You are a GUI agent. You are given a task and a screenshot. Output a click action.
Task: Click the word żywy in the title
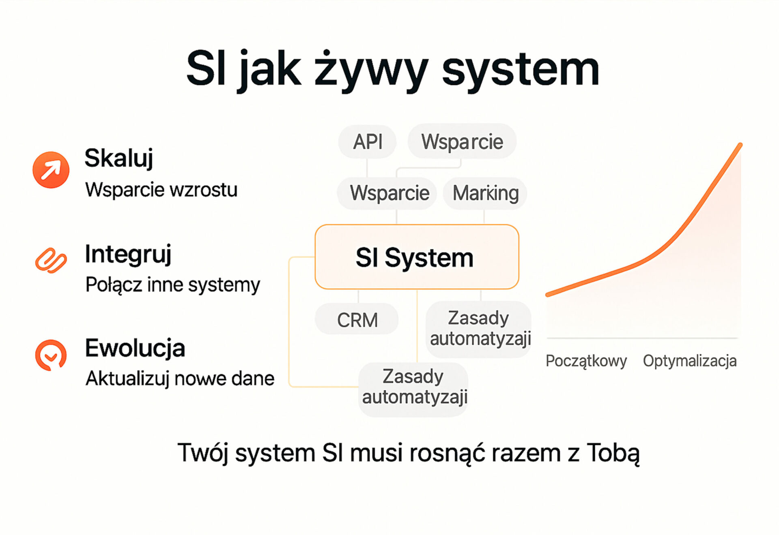click(x=371, y=70)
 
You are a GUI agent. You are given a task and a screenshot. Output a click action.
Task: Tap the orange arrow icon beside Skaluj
click(x=51, y=170)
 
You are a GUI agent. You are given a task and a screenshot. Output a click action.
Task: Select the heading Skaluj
click(x=119, y=158)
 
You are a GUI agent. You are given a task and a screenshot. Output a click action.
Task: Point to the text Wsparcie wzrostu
click(x=161, y=190)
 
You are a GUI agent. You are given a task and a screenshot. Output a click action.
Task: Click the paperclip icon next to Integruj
click(x=51, y=260)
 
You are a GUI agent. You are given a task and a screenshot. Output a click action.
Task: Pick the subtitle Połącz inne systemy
click(x=172, y=285)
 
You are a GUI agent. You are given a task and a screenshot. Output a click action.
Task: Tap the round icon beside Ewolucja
click(x=51, y=355)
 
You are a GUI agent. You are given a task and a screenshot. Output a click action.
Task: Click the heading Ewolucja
click(x=135, y=348)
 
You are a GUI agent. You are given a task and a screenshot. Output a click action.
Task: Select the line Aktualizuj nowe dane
click(x=180, y=379)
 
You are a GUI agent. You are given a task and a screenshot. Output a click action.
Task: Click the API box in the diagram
click(x=368, y=141)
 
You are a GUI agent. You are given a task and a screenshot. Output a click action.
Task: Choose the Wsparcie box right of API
click(x=462, y=141)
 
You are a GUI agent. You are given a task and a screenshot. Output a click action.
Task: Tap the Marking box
click(x=485, y=193)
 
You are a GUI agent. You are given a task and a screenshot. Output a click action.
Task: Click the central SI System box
click(x=417, y=257)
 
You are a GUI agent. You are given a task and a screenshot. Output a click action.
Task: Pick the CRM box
click(x=357, y=319)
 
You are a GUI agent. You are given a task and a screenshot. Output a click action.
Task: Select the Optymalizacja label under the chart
click(x=690, y=361)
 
